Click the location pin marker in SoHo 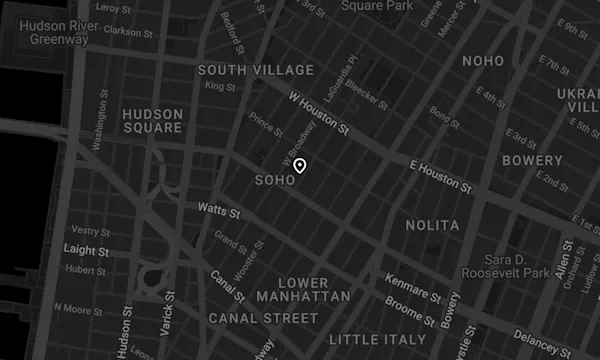(299, 167)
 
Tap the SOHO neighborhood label (276, 181)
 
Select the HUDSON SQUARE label (152, 121)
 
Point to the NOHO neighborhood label (489, 62)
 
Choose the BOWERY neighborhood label (532, 160)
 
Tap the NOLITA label (433, 226)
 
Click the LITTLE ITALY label (376, 339)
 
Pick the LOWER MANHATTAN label (303, 290)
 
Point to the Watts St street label (219, 213)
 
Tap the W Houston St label (317, 114)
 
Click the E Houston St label (440, 175)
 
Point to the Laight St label (85, 249)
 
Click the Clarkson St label (127, 31)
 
